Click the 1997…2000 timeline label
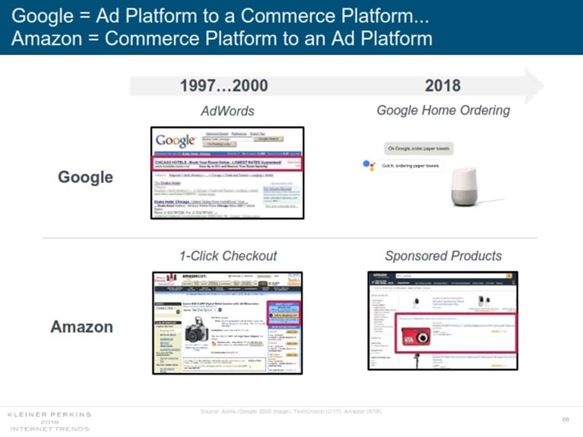[224, 86]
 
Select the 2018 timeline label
[442, 86]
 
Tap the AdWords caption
[227, 110]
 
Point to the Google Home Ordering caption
[443, 110]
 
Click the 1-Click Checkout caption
[228, 256]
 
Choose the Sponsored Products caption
[444, 256]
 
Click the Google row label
[85, 177]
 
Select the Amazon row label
[81, 327]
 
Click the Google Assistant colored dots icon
[369, 166]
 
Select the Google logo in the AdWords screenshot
[176, 140]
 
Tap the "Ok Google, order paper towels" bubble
[418, 149]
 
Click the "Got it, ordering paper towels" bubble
[409, 166]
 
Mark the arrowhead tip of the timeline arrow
[543, 86]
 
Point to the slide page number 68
[565, 419]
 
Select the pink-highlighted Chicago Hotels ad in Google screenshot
[227, 163]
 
